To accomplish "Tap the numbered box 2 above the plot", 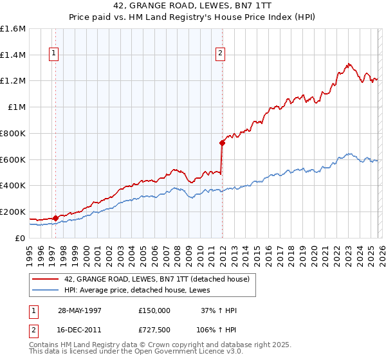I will pos(220,54).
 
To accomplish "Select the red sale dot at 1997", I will pos(55,218).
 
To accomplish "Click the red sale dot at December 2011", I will pos(222,143).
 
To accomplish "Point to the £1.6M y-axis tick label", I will pos(13,29).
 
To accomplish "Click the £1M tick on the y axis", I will pos(16,107).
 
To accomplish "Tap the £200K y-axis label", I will pos(13,212).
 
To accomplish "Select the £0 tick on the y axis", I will pos(20,238).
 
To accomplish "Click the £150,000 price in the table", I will pos(154,310).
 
